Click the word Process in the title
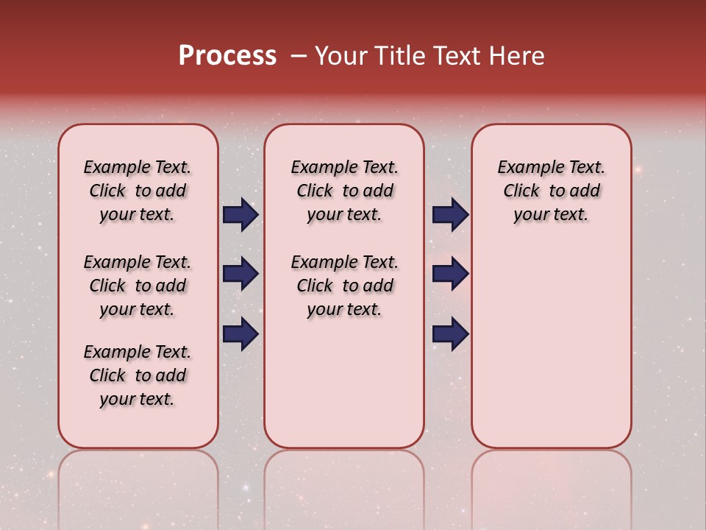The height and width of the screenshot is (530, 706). [x=227, y=56]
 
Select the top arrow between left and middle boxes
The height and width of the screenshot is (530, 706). [x=240, y=214]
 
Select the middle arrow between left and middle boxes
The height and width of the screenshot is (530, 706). [x=240, y=274]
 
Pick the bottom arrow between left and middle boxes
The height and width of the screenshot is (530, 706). [x=240, y=333]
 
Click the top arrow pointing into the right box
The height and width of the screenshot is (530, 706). [x=450, y=214]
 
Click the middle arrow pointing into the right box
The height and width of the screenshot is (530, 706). [x=450, y=274]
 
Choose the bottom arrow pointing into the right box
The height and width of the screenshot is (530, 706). [x=450, y=333]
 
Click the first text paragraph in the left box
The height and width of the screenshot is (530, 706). [x=138, y=191]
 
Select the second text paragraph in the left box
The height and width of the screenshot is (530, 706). [x=138, y=286]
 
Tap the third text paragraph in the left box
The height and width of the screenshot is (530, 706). [x=138, y=375]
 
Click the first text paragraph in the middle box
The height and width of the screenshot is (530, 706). [x=344, y=191]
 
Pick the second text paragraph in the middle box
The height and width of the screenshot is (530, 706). [x=344, y=286]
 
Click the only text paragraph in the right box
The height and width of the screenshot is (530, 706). [x=551, y=191]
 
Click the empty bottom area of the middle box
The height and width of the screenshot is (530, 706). [x=344, y=390]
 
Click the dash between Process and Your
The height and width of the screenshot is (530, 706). [x=298, y=56]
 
